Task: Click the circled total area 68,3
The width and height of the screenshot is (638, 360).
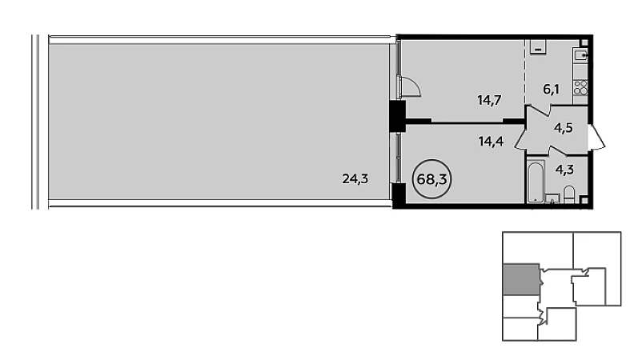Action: coord(432,179)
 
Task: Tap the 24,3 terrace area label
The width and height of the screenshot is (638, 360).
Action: coord(355,178)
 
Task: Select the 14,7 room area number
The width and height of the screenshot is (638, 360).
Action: coord(489,100)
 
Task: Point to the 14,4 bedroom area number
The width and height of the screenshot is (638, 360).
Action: coord(491,142)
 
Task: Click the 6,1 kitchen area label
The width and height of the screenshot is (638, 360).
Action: coord(552,89)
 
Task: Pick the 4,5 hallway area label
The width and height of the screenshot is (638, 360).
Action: coord(563,128)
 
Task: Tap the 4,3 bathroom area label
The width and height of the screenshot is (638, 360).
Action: coord(564,170)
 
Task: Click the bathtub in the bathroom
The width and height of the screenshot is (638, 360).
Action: coord(535,182)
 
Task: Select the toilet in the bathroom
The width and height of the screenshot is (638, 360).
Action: coord(569,195)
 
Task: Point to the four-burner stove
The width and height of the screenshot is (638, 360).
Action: coord(580,88)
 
